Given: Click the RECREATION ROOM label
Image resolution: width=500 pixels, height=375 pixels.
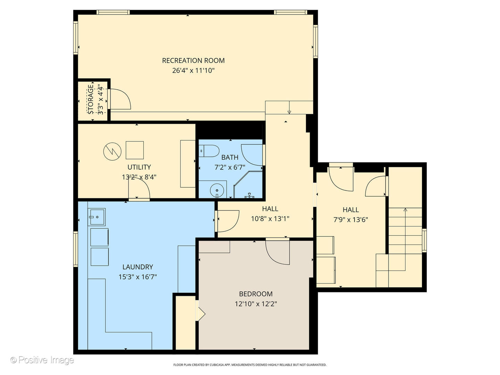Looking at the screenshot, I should pyautogui.click(x=193, y=60).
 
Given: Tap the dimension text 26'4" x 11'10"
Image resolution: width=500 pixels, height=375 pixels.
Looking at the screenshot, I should pyautogui.click(x=193, y=70).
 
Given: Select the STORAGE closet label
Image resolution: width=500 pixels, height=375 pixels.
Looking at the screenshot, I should pyautogui.click(x=91, y=99).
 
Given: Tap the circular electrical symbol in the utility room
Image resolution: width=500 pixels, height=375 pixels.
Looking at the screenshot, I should pyautogui.click(x=112, y=151).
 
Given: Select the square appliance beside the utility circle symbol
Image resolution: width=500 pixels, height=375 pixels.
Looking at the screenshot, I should pyautogui.click(x=135, y=150).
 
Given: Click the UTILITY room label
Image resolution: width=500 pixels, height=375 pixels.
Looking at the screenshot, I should pyautogui.click(x=139, y=167).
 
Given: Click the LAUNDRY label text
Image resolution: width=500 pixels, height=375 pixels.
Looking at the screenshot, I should pyautogui.click(x=137, y=267).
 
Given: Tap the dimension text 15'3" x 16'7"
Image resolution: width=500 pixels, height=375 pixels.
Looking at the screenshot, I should pyautogui.click(x=137, y=277).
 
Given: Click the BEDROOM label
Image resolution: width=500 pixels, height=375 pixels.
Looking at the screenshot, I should pyautogui.click(x=256, y=294).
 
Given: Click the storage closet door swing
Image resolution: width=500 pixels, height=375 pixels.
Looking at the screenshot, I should pyautogui.click(x=120, y=99).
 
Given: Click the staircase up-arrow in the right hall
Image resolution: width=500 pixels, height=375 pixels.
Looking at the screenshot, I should pyautogui.click(x=405, y=210).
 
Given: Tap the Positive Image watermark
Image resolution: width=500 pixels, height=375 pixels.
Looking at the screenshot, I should pyautogui.click(x=42, y=360).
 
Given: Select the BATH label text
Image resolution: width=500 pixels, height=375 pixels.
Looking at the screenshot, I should pyautogui.click(x=230, y=157).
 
